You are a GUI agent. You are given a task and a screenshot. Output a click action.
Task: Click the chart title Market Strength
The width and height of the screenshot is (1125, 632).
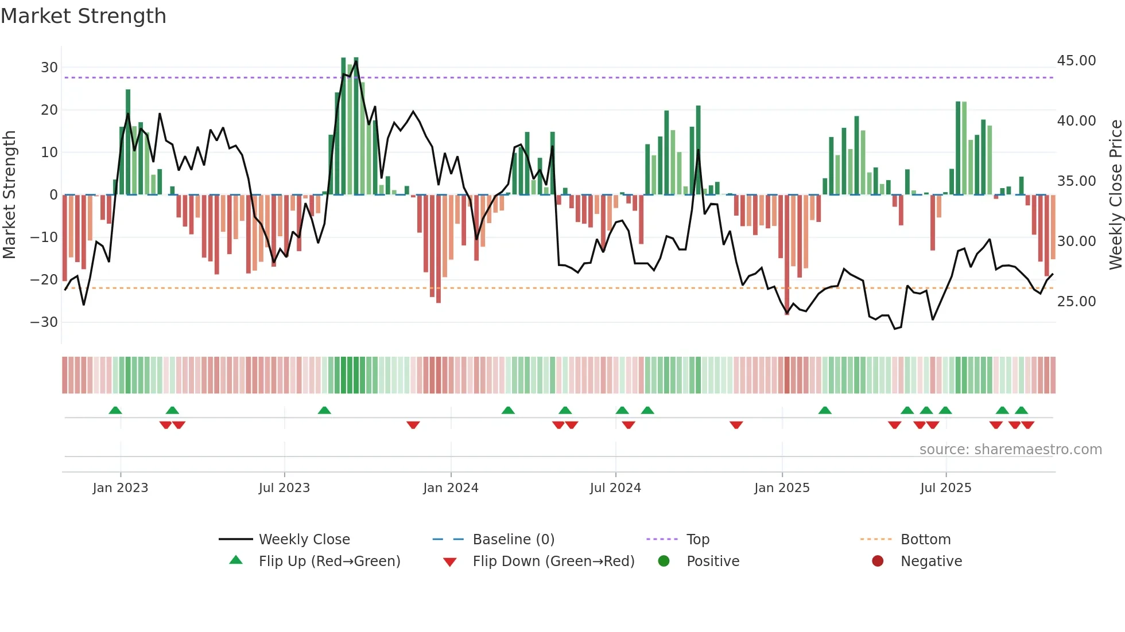tap(83, 16)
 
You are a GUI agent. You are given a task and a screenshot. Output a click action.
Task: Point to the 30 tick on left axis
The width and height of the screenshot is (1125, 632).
tap(49, 67)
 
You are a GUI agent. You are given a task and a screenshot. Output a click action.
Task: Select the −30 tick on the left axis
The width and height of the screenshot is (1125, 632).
tap(44, 322)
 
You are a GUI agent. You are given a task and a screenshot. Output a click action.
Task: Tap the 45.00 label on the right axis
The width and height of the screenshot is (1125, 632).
tap(1076, 61)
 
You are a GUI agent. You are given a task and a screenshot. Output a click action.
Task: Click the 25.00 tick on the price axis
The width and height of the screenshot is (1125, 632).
tap(1076, 302)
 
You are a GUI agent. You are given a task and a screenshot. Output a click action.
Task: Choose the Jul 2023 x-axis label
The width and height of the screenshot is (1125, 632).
tap(284, 487)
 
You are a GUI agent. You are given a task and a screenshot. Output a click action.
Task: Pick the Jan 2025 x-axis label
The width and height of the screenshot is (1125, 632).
tap(782, 487)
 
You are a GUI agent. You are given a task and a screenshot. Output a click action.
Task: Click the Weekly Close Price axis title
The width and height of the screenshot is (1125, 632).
tap(1115, 194)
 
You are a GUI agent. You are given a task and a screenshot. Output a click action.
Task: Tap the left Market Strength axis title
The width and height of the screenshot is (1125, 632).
tap(9, 194)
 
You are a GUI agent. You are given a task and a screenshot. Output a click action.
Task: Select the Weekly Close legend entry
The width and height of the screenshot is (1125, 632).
tap(304, 539)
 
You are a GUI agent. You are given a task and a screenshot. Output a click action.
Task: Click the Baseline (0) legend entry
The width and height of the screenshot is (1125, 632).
tap(513, 539)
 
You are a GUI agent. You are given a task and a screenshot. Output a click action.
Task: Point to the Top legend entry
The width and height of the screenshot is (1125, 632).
tap(697, 539)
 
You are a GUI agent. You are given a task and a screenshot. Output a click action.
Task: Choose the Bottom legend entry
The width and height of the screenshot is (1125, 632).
tap(925, 539)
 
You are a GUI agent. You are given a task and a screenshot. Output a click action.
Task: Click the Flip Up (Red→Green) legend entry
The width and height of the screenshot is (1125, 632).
tap(329, 561)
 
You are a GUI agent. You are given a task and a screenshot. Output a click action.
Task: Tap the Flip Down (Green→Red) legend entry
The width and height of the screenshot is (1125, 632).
tap(553, 561)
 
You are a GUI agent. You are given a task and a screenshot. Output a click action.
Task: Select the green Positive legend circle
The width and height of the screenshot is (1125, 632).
tap(664, 561)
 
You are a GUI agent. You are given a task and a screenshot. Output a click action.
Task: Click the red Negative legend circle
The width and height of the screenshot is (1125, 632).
tap(878, 561)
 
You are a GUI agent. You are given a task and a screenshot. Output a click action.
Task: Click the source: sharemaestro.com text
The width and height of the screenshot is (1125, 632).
tap(1010, 449)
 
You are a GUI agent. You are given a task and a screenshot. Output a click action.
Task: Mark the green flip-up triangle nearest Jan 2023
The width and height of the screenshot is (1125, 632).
tap(115, 410)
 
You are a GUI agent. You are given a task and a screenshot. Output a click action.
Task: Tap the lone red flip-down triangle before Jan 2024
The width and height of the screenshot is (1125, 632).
tap(413, 425)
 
